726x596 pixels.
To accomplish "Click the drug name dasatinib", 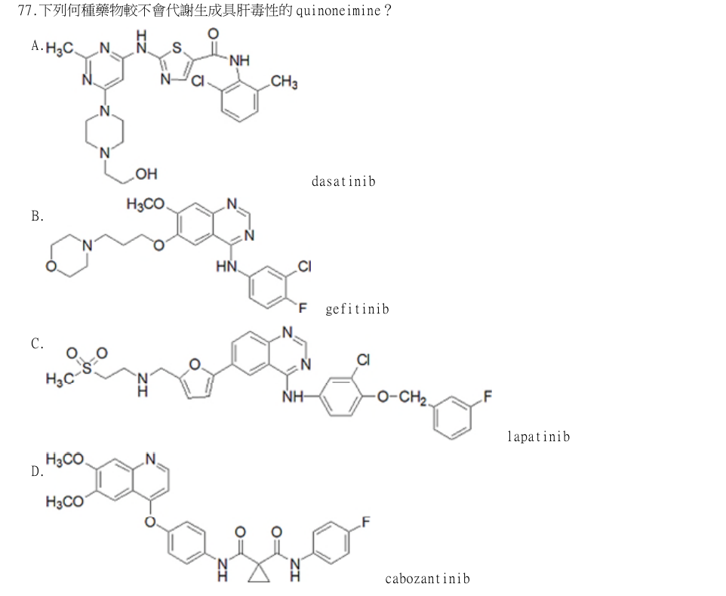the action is (x=343, y=181).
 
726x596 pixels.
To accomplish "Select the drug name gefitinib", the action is (x=357, y=309).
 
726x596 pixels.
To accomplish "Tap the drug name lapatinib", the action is (x=539, y=437).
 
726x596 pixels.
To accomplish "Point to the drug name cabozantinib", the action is (x=427, y=579).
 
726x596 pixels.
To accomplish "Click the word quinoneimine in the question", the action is (x=338, y=10).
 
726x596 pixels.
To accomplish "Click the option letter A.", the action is (x=37, y=45).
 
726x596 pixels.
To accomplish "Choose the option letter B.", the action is (x=37, y=216).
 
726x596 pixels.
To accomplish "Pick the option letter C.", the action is (x=37, y=344).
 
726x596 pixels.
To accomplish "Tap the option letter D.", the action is (x=37, y=472).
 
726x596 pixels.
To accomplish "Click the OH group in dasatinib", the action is (x=146, y=174).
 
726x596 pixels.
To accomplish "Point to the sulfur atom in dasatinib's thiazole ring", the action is (x=177, y=48).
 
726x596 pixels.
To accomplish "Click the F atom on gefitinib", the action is (x=303, y=307).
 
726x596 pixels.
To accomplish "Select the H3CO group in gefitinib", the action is (x=146, y=204).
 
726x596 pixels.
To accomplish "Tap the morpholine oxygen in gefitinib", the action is (x=51, y=267).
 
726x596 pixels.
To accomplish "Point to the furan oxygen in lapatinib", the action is (x=195, y=364).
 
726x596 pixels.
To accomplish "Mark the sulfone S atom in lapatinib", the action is (x=87, y=368).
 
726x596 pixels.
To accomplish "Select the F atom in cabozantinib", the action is (x=366, y=522).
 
